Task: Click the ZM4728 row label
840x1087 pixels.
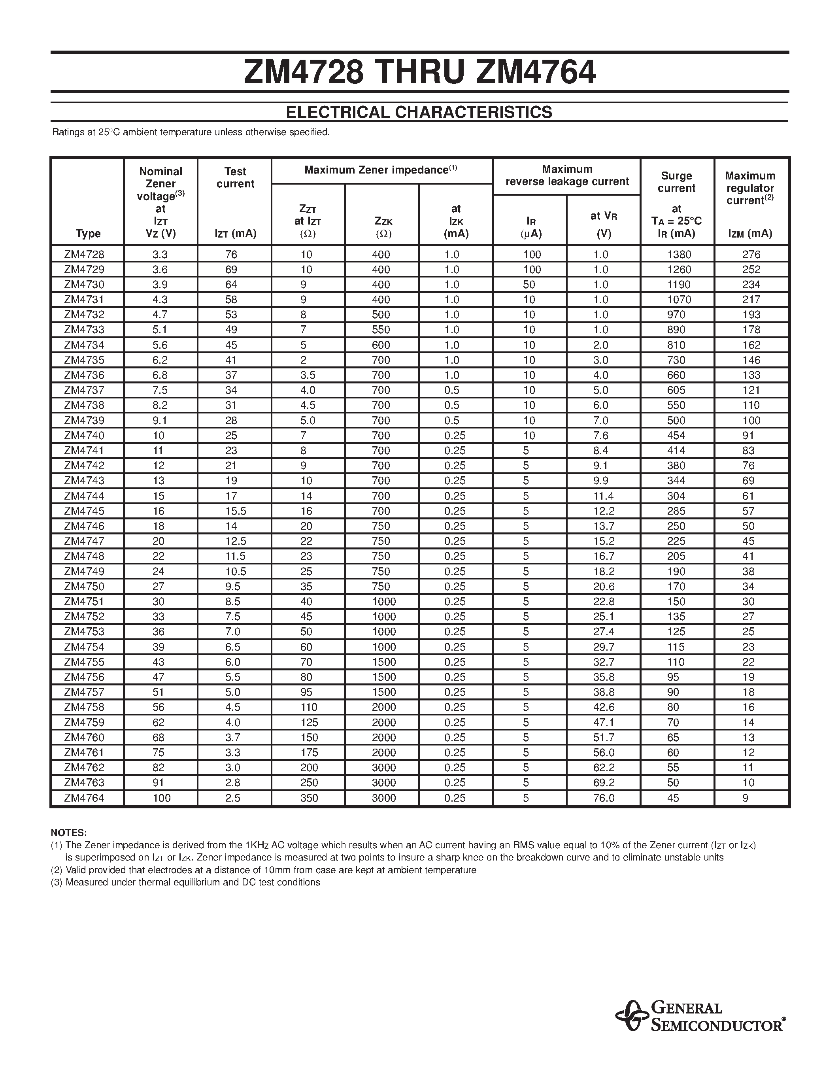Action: (84, 254)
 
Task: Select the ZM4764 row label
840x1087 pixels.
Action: (84, 798)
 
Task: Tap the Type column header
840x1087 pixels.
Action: (88, 234)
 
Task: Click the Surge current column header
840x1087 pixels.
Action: (676, 182)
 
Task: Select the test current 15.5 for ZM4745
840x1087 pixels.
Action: (235, 511)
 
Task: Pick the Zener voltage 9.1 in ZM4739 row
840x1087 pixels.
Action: (160, 420)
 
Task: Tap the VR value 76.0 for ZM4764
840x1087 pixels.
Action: (604, 798)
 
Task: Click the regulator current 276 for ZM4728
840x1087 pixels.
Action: (751, 254)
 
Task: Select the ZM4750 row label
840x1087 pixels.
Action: (84, 586)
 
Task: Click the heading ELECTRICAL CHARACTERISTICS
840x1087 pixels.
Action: (419, 112)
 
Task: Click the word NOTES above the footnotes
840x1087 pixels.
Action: (69, 833)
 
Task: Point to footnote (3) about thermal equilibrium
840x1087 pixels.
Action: (185, 882)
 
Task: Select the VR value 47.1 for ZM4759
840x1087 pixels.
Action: (604, 722)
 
